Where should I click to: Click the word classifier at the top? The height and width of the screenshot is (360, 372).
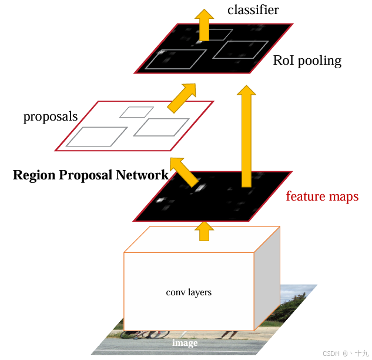point(253,9)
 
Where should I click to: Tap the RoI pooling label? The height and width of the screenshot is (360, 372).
point(307,61)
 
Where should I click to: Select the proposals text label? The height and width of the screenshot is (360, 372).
point(51,116)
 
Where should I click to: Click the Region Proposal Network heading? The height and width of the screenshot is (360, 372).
point(91,175)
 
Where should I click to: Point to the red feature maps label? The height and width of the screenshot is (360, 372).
point(322,196)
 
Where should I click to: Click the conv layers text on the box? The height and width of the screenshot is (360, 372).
point(189,292)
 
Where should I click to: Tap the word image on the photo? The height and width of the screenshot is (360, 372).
point(185,343)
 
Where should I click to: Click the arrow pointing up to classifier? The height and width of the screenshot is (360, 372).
point(205,24)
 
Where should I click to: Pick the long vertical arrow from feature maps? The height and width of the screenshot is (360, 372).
point(246,135)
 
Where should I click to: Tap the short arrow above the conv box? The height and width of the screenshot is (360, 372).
point(205,231)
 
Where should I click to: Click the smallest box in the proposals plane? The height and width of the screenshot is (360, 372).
point(137,112)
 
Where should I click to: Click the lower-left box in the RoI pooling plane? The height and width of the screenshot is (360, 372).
point(176,59)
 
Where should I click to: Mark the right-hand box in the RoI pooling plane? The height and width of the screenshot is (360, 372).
point(240,49)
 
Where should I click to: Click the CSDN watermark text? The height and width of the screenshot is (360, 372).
point(333,353)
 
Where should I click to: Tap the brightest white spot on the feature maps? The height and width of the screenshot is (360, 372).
point(199,188)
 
